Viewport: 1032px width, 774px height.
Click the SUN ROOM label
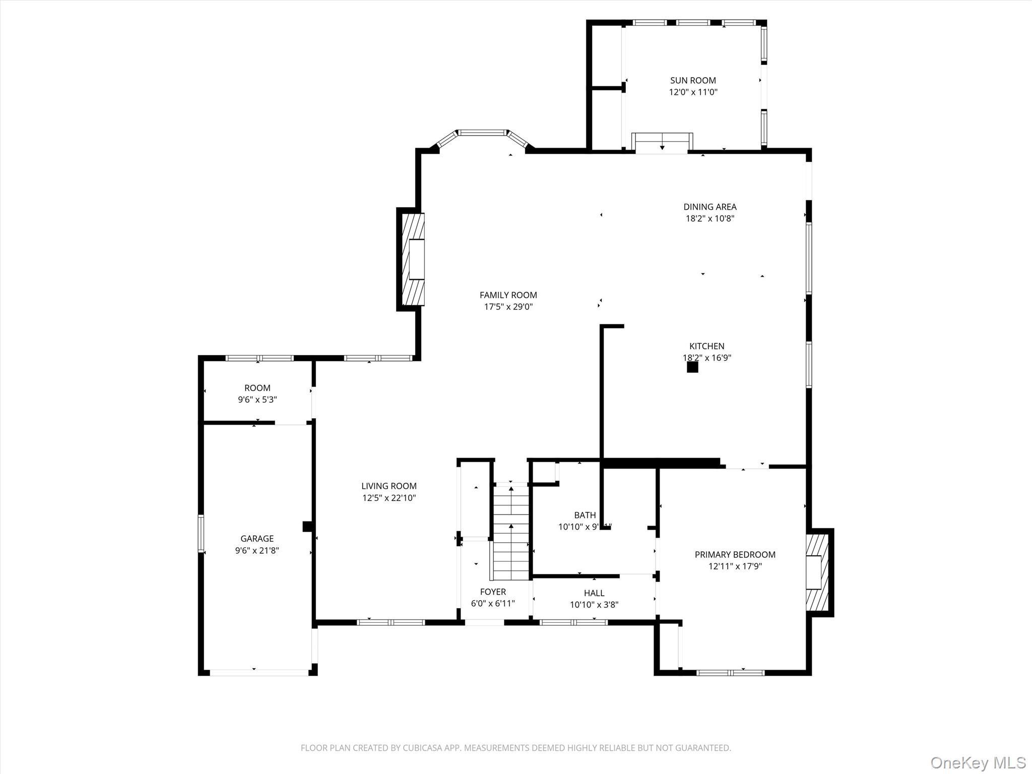click(693, 80)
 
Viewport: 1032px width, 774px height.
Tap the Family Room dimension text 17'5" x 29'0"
click(508, 306)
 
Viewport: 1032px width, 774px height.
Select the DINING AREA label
click(709, 207)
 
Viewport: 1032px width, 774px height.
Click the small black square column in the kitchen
click(692, 367)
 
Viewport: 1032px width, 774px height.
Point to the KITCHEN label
click(706, 346)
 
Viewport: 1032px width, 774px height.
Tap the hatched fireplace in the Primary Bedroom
click(817, 572)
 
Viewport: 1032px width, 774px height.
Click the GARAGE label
click(257, 539)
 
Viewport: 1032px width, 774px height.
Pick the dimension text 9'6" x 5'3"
click(257, 400)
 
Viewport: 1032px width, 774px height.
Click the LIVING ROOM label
click(389, 486)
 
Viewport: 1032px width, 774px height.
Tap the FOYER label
click(492, 592)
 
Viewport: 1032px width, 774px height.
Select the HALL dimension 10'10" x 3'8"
click(594, 605)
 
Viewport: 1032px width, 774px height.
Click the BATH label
click(585, 515)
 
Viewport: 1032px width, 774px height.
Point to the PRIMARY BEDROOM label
click(735, 554)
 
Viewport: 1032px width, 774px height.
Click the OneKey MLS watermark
click(978, 762)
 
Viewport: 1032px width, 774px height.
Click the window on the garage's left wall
click(201, 534)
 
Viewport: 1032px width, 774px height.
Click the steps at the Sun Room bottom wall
click(662, 143)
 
